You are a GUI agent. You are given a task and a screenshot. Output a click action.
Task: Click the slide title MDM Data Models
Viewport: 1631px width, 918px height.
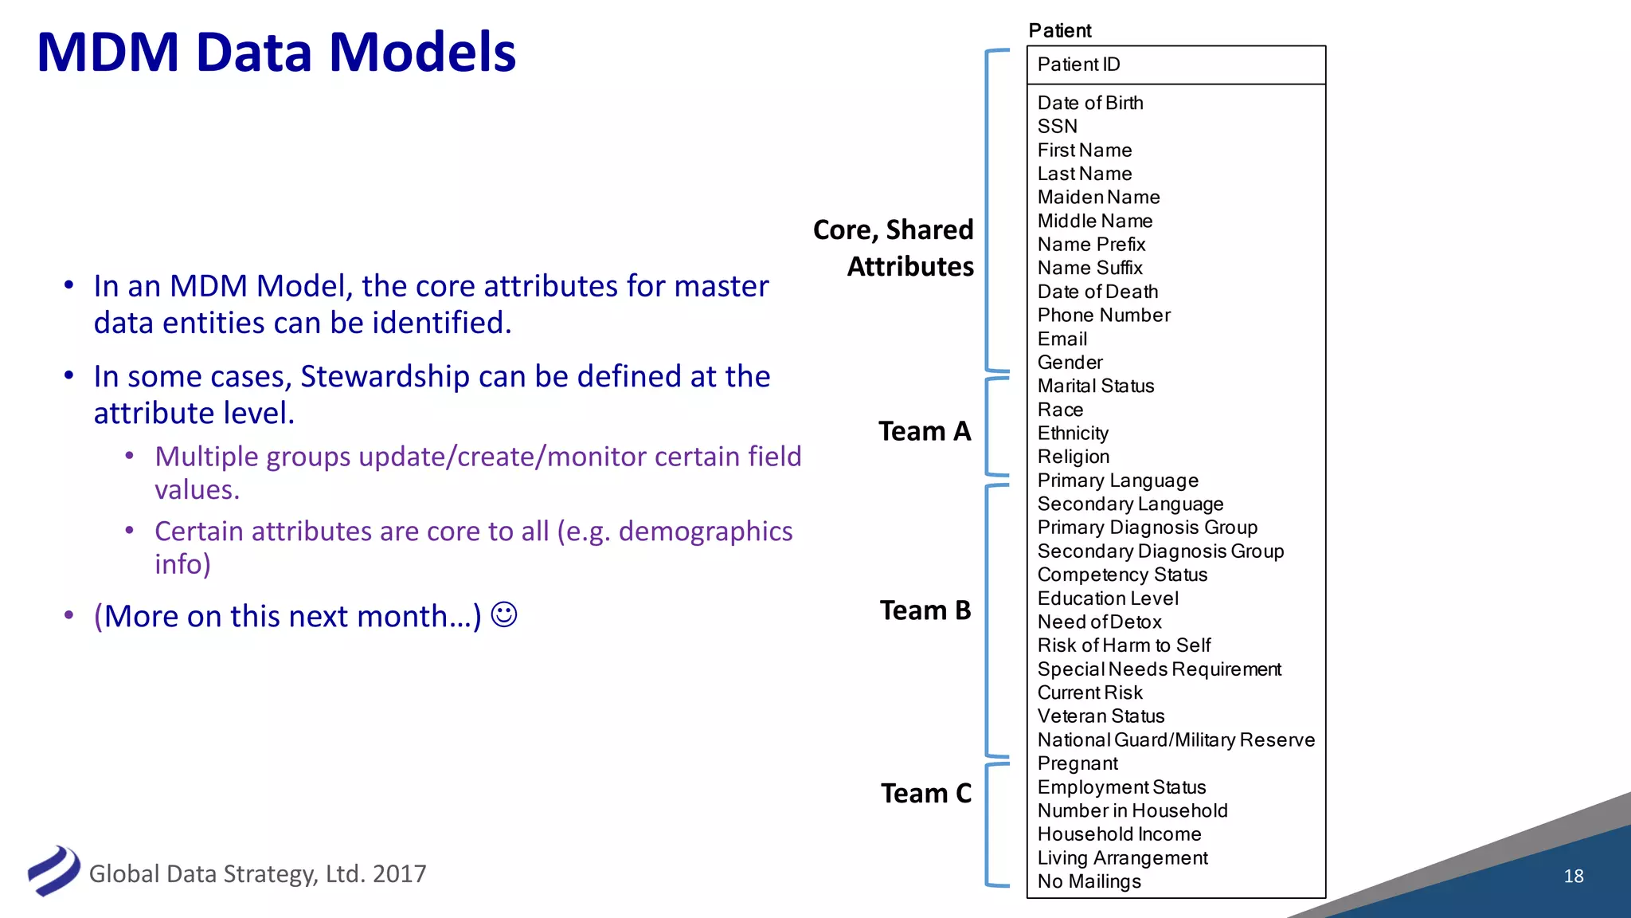[x=276, y=53]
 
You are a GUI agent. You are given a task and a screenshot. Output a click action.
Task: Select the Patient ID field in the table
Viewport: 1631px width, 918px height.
[x=1078, y=65]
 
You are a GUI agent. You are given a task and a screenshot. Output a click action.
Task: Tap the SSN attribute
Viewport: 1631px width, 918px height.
[x=1057, y=127]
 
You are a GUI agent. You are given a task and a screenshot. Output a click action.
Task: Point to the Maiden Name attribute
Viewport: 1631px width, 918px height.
[x=1098, y=198]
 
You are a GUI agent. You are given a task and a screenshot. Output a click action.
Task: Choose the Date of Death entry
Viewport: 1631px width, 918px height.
[x=1097, y=292]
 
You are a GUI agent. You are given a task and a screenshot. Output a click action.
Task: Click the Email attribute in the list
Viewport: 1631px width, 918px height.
[x=1062, y=339]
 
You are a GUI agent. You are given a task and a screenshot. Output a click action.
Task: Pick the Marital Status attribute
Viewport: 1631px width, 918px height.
[x=1095, y=386]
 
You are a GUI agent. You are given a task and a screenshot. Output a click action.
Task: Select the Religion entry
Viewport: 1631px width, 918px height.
[x=1073, y=457]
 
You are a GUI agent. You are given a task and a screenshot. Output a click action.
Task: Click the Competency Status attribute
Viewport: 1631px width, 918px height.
[x=1122, y=575]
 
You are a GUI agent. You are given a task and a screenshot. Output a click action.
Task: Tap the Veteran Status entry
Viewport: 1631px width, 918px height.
[x=1101, y=716]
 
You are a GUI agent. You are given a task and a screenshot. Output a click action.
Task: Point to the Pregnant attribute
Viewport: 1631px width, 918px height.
[x=1078, y=764]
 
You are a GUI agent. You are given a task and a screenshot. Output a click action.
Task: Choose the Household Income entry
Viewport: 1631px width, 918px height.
[x=1119, y=834]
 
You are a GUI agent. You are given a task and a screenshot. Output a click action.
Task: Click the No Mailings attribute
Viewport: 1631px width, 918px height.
[x=1089, y=881]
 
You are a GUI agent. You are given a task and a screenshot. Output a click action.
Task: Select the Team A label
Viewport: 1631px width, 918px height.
[x=925, y=431]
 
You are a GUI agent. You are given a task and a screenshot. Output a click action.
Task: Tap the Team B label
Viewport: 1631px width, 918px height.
[x=925, y=610]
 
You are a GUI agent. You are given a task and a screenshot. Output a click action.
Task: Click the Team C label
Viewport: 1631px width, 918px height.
[x=926, y=794]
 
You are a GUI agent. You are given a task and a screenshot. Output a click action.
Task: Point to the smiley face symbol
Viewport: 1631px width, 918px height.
[x=504, y=615]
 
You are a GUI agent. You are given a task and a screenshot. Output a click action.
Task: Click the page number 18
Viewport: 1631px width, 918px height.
[x=1573, y=877]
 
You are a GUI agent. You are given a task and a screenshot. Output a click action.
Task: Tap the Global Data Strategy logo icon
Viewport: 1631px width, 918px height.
[x=53, y=871]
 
